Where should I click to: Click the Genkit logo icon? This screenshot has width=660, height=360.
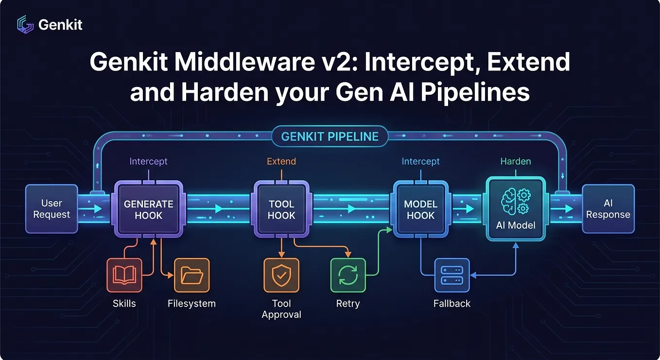tap(25, 24)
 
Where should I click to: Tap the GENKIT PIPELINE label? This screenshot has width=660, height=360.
tap(330, 137)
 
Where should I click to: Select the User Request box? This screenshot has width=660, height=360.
tap(52, 209)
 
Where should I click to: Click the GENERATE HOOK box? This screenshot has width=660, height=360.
tap(149, 209)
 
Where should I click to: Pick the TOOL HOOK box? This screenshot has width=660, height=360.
tap(281, 209)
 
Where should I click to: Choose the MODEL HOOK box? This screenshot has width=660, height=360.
tap(421, 209)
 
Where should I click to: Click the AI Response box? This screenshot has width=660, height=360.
tap(608, 209)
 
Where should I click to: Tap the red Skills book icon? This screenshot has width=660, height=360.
tap(124, 275)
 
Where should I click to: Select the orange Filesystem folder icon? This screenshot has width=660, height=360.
tap(192, 275)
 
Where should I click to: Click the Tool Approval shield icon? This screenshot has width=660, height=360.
tap(281, 275)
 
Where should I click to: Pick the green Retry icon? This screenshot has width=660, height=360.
tap(348, 275)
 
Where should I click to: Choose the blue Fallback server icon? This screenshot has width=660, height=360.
tap(452, 275)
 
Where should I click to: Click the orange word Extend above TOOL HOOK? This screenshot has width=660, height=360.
tap(281, 161)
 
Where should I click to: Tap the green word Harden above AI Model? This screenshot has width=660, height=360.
tap(516, 161)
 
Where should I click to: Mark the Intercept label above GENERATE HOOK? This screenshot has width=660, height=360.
tap(149, 162)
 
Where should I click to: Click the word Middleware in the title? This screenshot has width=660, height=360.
tap(245, 62)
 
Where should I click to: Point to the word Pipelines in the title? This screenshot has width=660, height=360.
tap(475, 92)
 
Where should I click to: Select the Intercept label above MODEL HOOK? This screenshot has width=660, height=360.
tap(421, 162)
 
